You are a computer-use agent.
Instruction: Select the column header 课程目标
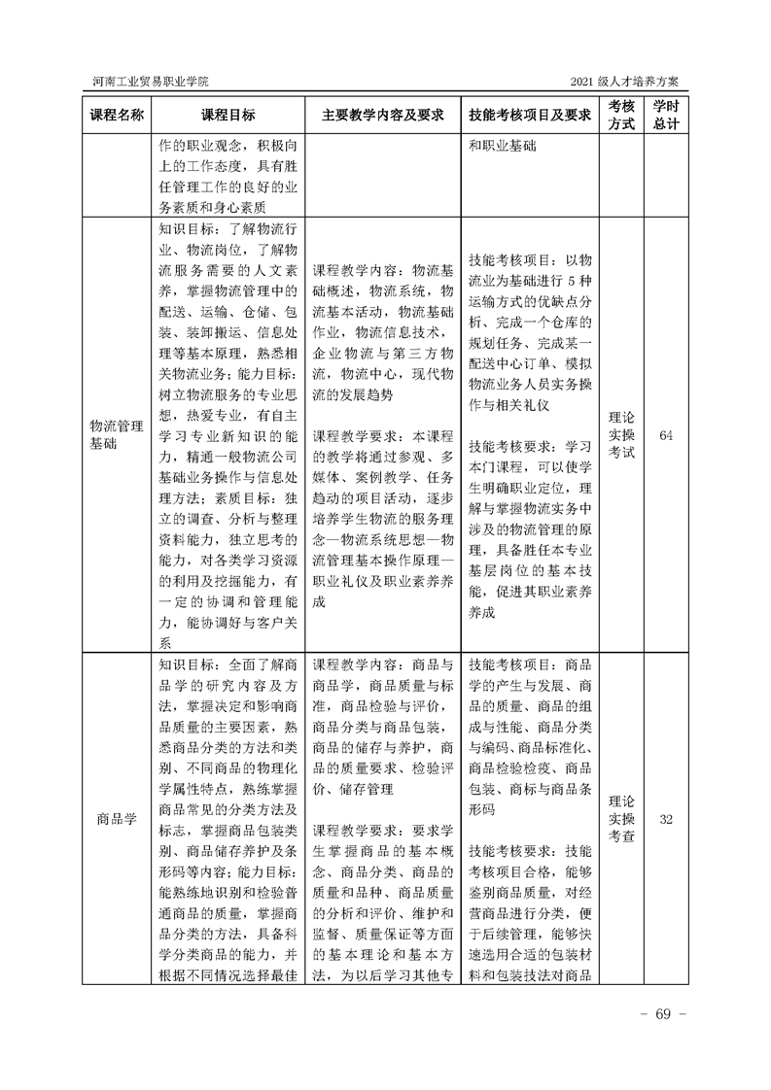(228, 115)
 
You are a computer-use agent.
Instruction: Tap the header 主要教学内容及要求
(383, 115)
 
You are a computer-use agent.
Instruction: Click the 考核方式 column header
(621, 115)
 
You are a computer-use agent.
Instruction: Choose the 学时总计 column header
(666, 115)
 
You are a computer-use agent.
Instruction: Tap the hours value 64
(666, 434)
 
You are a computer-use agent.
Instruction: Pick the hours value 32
(666, 819)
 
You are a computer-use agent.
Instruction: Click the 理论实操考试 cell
(621, 434)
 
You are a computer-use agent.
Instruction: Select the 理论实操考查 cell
(621, 819)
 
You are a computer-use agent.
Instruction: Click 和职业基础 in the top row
(509, 147)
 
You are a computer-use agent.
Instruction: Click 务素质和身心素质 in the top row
(213, 207)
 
